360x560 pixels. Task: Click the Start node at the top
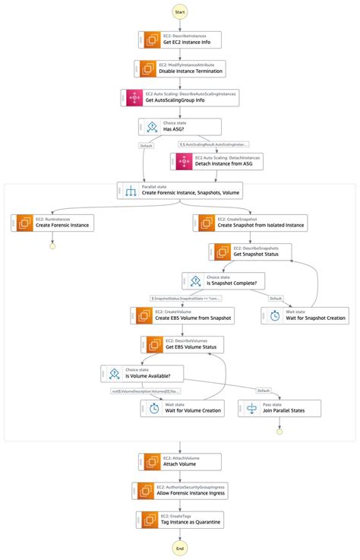point(180,11)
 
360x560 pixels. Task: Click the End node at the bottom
point(180,548)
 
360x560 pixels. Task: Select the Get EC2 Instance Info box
point(180,40)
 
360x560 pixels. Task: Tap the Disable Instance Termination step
point(180,68)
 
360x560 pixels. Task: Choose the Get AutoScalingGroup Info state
point(180,97)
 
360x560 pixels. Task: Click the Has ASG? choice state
point(180,126)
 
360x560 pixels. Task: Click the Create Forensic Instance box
point(52,222)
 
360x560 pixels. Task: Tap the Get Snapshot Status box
point(251,252)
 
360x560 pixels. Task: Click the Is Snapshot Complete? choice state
point(223,280)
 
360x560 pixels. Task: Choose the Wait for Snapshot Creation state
point(305,315)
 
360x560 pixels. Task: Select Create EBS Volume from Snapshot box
point(182,315)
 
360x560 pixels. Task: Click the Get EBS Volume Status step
point(182,344)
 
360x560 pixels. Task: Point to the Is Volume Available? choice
point(141,373)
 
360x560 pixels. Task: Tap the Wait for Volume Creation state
point(182,408)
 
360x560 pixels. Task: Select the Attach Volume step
point(180,461)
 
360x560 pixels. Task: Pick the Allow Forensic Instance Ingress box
point(180,490)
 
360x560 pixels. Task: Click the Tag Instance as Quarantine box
point(180,519)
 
